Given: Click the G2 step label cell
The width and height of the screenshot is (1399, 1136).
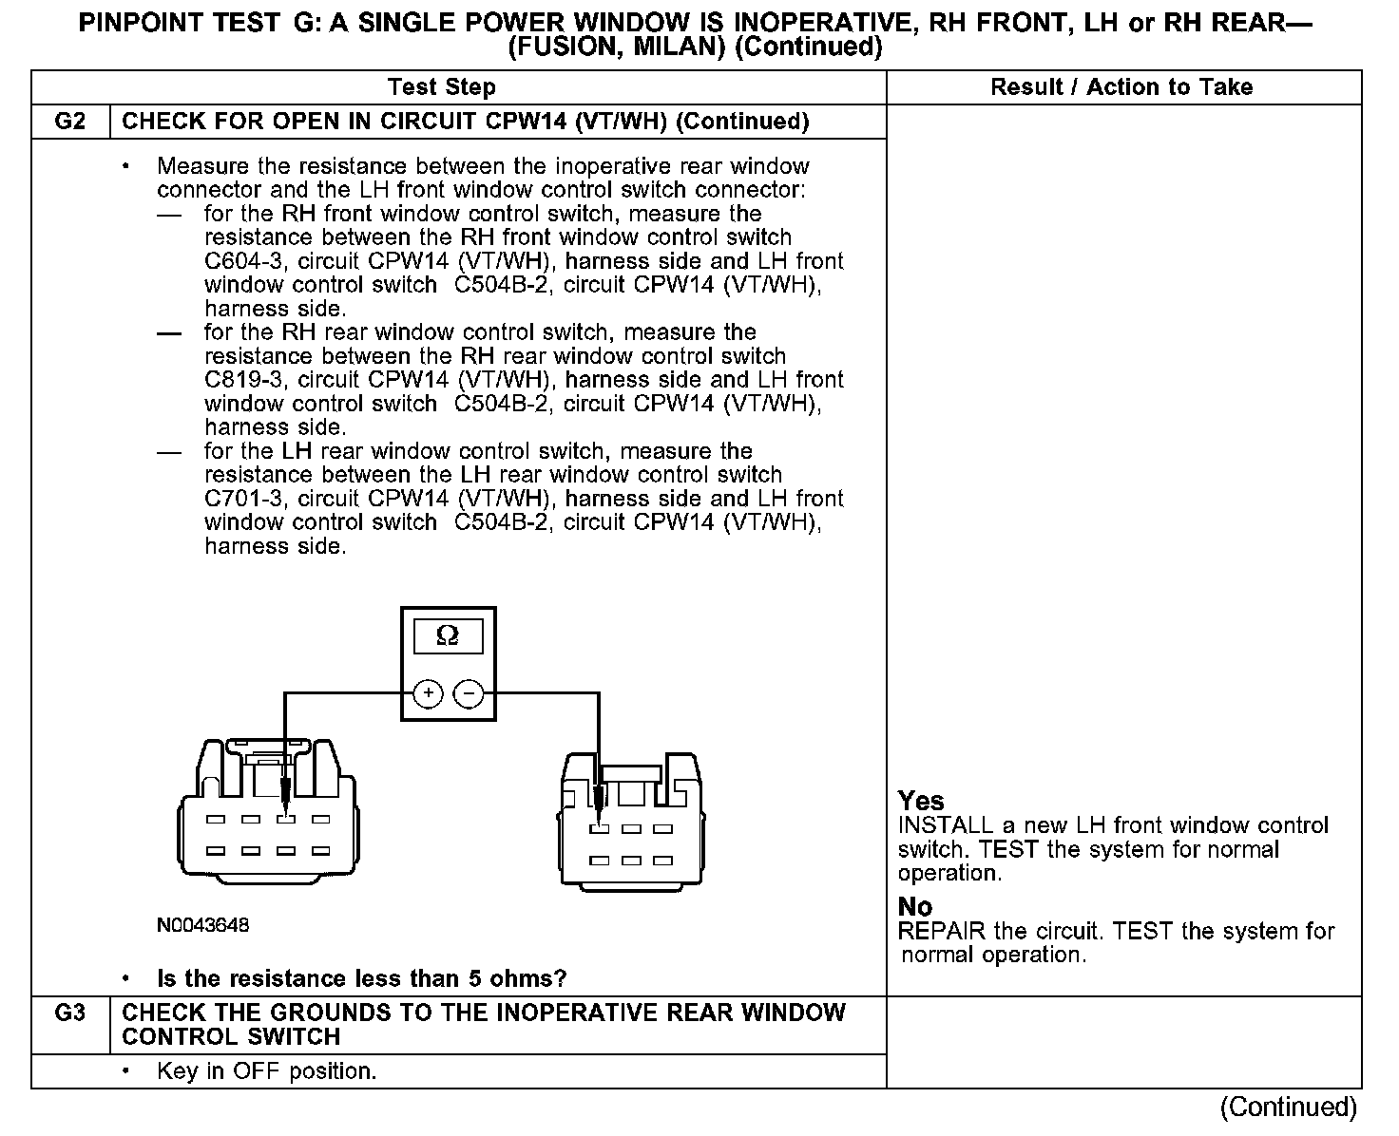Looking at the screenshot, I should [70, 122].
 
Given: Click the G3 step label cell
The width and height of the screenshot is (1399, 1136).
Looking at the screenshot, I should [70, 1013].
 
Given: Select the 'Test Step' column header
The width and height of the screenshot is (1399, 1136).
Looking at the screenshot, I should [442, 87].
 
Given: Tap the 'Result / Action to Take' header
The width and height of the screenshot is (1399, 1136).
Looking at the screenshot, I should [1121, 87].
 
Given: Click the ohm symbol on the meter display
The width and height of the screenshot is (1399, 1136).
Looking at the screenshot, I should [448, 636].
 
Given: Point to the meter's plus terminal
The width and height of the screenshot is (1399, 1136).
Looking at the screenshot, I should [429, 694].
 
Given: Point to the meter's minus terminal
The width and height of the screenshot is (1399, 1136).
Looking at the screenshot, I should [468, 694].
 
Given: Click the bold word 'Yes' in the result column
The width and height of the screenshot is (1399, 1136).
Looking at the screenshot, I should [921, 801].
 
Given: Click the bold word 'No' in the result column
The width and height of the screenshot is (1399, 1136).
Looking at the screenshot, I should [914, 907].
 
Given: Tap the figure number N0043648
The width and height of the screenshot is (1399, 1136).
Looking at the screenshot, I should [203, 925].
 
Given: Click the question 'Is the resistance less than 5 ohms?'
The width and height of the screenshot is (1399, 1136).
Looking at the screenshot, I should [361, 979].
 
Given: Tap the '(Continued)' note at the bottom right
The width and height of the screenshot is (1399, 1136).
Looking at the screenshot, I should [1289, 1107].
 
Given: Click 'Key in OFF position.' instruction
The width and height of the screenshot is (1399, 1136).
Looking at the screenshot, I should [266, 1071].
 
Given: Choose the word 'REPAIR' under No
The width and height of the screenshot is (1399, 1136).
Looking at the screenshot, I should [941, 932].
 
